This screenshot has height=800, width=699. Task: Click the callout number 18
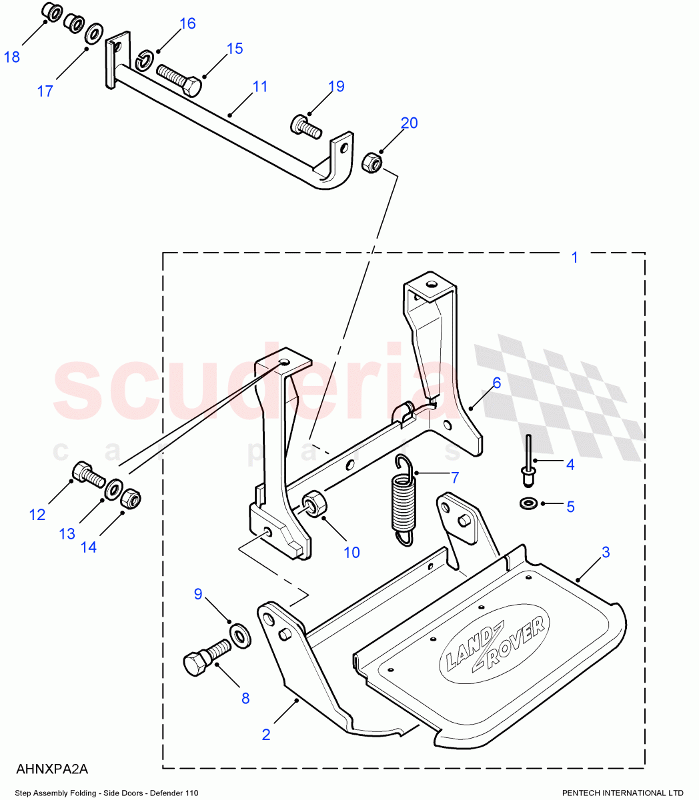click(x=12, y=57)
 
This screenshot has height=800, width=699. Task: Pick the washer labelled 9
click(x=239, y=634)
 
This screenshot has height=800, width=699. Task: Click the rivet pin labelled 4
click(x=528, y=461)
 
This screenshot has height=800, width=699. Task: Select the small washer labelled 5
click(x=529, y=502)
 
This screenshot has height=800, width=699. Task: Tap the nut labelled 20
click(x=372, y=162)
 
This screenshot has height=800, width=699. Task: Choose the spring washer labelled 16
click(x=145, y=61)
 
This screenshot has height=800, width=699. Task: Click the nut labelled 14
click(x=130, y=498)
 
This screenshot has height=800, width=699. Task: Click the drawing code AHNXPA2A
click(x=52, y=769)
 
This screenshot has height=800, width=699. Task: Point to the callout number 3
click(x=605, y=552)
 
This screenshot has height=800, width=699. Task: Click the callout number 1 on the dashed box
click(x=575, y=257)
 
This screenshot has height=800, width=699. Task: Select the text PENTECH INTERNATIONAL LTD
click(x=622, y=793)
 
